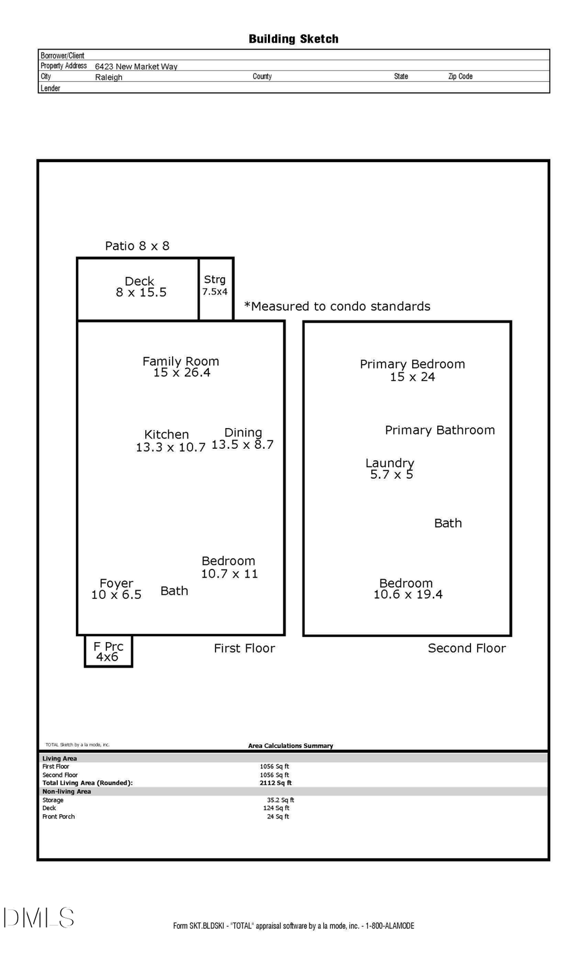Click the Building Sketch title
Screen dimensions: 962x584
pyautogui.click(x=293, y=39)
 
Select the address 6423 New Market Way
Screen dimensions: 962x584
pyautogui.click(x=136, y=66)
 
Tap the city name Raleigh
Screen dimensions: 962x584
pyautogui.click(x=108, y=77)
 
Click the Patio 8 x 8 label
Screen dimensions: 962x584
pyautogui.click(x=137, y=246)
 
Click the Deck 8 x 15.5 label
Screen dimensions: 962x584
pyautogui.click(x=140, y=287)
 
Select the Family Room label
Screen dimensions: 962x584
pyautogui.click(x=180, y=362)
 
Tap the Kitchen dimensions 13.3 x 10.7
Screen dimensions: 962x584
pyautogui.click(x=170, y=448)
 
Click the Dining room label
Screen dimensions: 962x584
pyautogui.click(x=243, y=433)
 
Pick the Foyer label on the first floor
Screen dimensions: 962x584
pyautogui.click(x=117, y=583)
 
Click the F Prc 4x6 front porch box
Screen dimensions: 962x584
pyautogui.click(x=108, y=651)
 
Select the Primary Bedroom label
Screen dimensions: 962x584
pyautogui.click(x=412, y=365)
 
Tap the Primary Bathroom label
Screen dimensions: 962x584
pyautogui.click(x=439, y=430)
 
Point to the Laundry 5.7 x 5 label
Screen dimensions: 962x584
pyautogui.click(x=390, y=468)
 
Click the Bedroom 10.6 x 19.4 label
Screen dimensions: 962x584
pyautogui.click(x=408, y=589)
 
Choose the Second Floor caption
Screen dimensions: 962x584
pyautogui.click(x=467, y=648)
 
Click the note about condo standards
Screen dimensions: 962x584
pyautogui.click(x=337, y=306)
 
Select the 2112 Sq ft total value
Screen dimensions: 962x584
pyautogui.click(x=275, y=783)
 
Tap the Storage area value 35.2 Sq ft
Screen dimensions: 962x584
pyautogui.click(x=280, y=800)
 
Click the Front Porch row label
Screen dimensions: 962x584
pyautogui.click(x=58, y=817)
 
